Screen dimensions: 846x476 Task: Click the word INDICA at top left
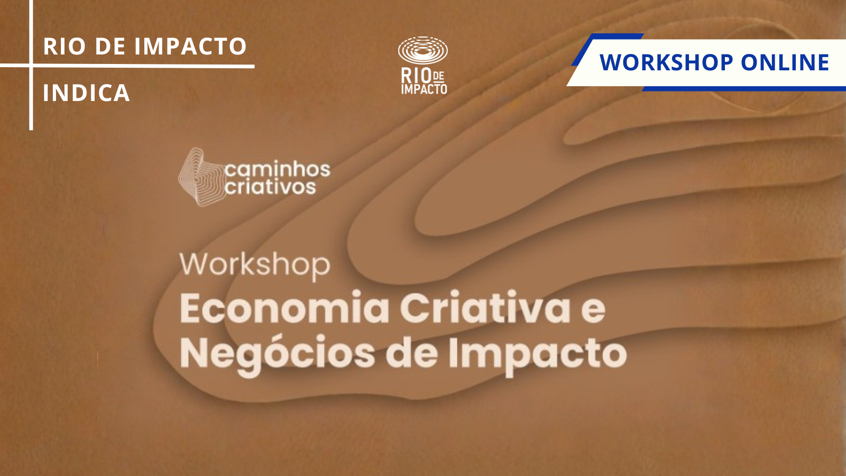tap(87, 93)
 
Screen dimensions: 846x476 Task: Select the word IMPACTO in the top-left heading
tap(190, 46)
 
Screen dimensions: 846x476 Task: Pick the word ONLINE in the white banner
tap(785, 62)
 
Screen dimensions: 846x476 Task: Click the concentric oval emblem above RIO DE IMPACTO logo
tap(423, 50)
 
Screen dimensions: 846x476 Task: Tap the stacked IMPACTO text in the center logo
tap(424, 89)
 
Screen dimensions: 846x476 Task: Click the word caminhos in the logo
tap(278, 169)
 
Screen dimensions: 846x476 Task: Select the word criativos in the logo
tap(270, 187)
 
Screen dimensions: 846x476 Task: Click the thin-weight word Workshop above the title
tap(255, 266)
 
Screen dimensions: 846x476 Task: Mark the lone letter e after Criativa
tap(593, 312)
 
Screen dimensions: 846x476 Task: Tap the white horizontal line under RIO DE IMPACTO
tap(127, 66)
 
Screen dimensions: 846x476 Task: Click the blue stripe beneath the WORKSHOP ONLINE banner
tap(744, 89)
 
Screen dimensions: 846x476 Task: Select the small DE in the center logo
tap(438, 77)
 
